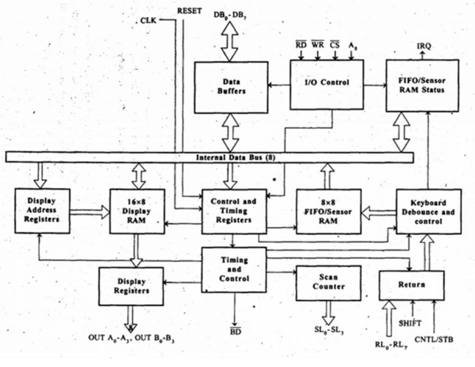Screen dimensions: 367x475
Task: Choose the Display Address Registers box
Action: click(41, 211)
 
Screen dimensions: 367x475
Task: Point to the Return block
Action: click(411, 285)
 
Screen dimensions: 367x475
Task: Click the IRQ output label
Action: click(423, 45)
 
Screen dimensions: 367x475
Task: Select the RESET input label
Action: click(190, 10)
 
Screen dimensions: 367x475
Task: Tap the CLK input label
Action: click(148, 21)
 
